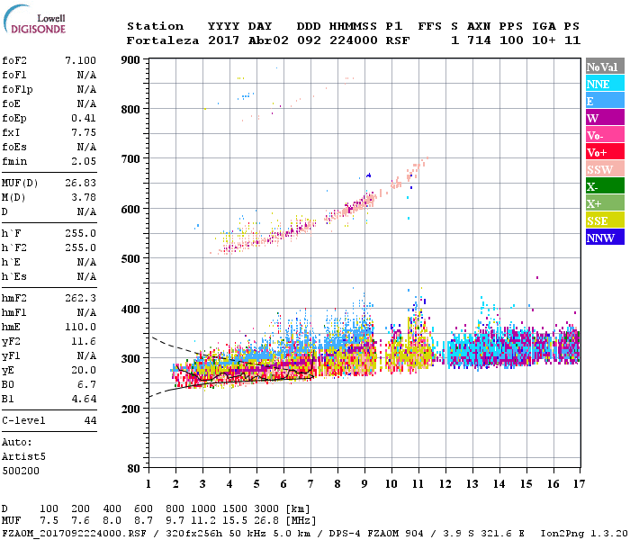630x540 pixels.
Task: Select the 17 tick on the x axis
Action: coord(579,484)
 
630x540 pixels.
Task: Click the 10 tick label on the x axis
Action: coord(391,484)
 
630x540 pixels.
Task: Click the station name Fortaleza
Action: coord(163,40)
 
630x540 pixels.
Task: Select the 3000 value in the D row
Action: coord(269,509)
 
